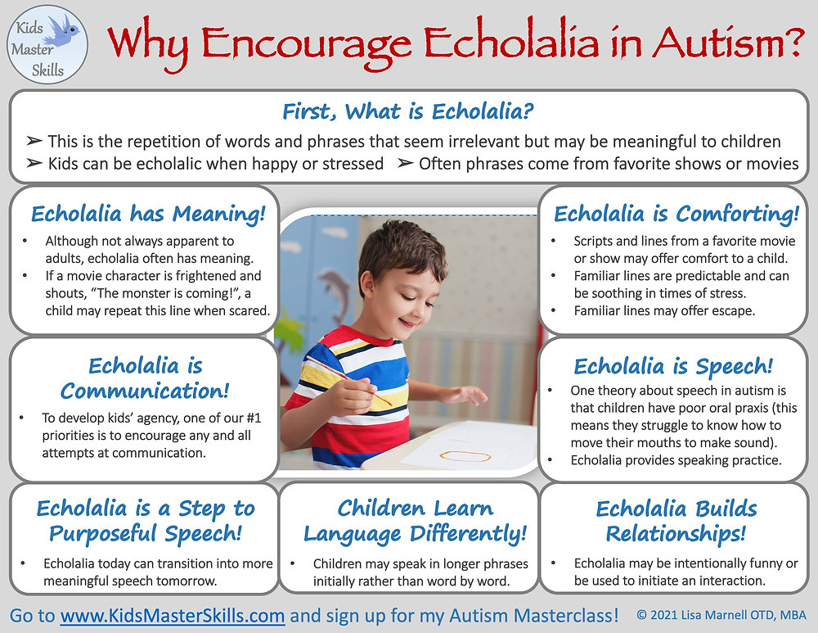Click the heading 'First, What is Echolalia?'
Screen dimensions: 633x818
point(408,111)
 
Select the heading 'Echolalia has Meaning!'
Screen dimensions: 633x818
point(148,215)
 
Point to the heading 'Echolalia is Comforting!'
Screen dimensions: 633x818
point(676,215)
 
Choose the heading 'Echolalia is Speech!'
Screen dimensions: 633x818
point(673,366)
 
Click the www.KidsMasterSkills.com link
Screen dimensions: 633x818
point(172,615)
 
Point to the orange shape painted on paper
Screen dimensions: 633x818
point(464,454)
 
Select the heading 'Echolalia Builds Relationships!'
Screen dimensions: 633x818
point(676,521)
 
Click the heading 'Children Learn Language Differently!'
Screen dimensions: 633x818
point(416,521)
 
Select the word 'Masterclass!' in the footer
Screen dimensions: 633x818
point(571,615)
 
